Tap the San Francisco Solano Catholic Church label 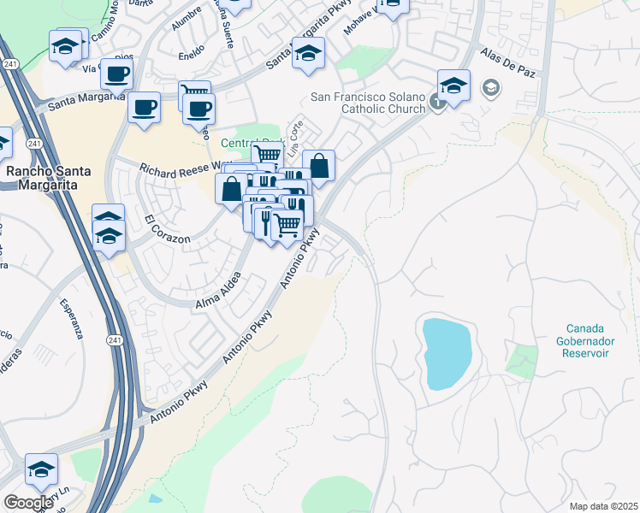coord(368,102)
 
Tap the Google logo coord(28,503)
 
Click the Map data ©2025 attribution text coord(603,506)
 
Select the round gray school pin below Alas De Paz coord(491,86)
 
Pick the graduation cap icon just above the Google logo coord(41,469)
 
